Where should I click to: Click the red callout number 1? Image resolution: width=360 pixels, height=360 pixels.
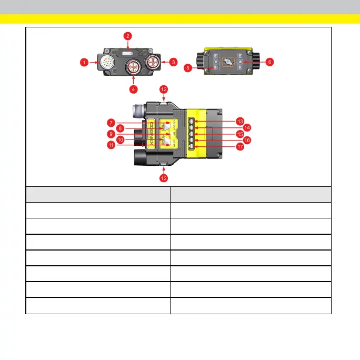[x=84, y=62]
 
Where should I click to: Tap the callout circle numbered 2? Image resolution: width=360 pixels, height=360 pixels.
[x=127, y=36]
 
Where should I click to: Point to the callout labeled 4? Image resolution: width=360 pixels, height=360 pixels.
[x=134, y=89]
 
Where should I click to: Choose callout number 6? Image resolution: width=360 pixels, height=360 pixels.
[x=269, y=62]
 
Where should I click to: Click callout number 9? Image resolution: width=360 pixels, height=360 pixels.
[x=111, y=134]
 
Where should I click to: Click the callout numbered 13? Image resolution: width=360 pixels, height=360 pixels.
[x=240, y=121]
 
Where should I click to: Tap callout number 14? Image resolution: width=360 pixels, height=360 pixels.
[x=247, y=127]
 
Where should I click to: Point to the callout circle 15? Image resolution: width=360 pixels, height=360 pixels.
[x=240, y=134]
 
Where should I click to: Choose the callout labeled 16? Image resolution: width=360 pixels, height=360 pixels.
[x=247, y=141]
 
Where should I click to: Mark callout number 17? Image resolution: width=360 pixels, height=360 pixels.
[x=240, y=147]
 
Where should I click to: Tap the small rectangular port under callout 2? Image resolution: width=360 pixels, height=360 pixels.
[x=128, y=53]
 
